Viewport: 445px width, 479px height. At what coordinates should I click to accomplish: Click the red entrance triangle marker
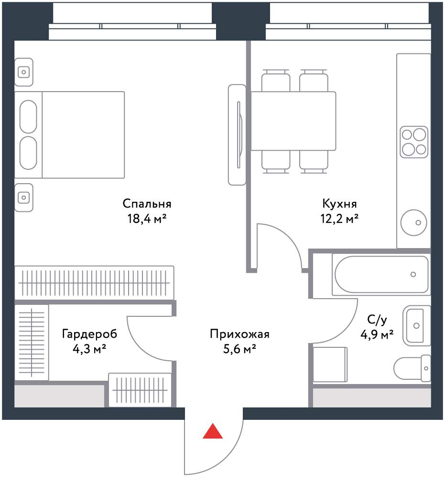click(213, 431)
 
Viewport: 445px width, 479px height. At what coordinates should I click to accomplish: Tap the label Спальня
click(147, 203)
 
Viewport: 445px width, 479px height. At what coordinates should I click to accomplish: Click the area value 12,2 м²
click(339, 219)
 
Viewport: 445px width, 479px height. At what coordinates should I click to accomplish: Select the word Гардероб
click(89, 334)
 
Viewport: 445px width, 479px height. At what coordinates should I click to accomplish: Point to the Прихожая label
click(239, 334)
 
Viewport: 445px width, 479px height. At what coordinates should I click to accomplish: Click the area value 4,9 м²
click(377, 335)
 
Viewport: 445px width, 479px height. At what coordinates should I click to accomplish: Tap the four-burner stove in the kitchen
click(414, 142)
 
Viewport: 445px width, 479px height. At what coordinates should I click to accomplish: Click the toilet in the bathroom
click(412, 368)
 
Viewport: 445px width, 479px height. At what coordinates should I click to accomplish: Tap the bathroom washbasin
click(417, 326)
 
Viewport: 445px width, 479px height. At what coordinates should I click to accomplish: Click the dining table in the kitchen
click(293, 121)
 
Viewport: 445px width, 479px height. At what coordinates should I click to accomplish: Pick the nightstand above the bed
click(24, 72)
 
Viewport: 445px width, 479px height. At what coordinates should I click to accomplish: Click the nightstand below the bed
click(24, 198)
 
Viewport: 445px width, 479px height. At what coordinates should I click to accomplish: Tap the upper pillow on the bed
click(28, 117)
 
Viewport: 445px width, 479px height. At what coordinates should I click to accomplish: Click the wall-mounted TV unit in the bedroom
click(237, 135)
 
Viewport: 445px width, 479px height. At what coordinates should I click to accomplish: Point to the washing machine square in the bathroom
click(330, 364)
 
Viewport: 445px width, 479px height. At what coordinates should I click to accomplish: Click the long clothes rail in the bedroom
click(94, 283)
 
